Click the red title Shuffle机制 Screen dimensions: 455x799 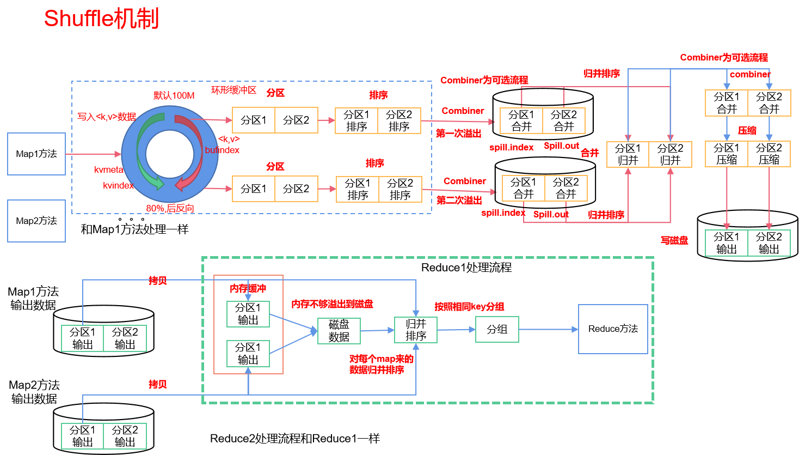click(x=101, y=19)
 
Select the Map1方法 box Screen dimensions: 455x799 click(x=36, y=154)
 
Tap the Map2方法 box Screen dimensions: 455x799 click(x=36, y=221)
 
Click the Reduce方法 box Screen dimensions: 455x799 click(x=613, y=329)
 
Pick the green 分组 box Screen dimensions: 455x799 click(x=497, y=329)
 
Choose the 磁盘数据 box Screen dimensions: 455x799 click(x=339, y=331)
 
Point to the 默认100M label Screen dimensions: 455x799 click(x=174, y=96)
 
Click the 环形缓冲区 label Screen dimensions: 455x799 click(x=233, y=90)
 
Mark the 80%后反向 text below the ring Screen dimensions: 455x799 click(x=170, y=208)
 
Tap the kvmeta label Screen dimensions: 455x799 click(x=109, y=170)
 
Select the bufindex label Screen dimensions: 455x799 click(x=222, y=150)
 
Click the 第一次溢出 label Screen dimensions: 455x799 click(x=458, y=134)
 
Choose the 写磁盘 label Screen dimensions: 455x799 click(x=674, y=240)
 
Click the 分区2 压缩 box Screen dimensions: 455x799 click(x=769, y=154)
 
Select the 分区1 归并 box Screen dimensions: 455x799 click(x=628, y=154)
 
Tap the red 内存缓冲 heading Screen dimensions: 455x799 click(x=248, y=288)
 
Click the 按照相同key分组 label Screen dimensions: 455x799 click(x=469, y=307)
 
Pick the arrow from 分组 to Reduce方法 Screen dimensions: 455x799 click(x=548, y=329)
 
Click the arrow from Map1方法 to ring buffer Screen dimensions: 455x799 click(x=93, y=154)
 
